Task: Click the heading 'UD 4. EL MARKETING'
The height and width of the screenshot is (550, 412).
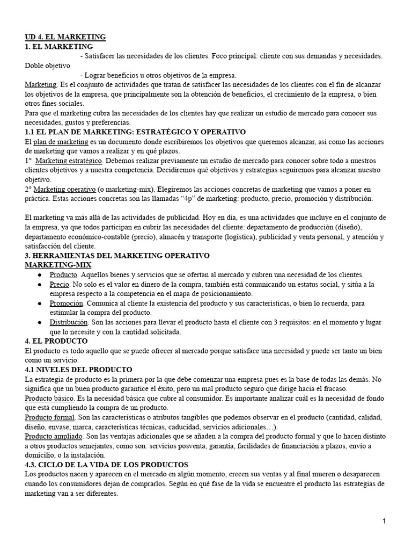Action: tap(65, 37)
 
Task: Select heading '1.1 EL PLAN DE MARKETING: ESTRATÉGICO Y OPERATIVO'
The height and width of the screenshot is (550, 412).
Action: tap(135, 132)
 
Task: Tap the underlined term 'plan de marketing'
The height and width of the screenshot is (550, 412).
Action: tap(61, 141)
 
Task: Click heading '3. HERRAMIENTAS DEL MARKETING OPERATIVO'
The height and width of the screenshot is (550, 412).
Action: tap(117, 255)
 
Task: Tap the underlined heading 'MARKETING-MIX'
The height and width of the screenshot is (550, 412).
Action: tap(58, 265)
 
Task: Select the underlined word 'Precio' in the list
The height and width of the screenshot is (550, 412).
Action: tap(59, 284)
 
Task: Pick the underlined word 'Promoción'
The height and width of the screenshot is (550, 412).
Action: tap(66, 303)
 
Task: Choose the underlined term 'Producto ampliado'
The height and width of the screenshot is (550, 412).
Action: tap(53, 437)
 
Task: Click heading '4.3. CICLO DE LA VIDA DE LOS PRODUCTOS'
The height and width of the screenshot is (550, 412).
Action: tap(107, 464)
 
